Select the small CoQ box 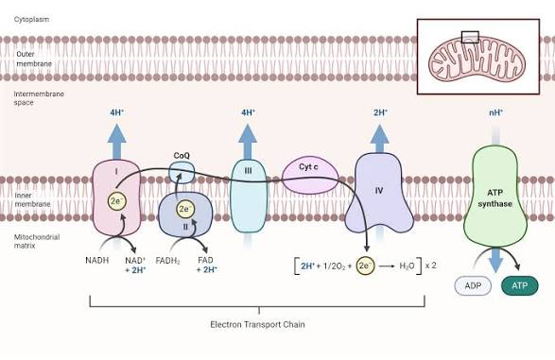[182, 172]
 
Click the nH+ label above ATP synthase [495, 112]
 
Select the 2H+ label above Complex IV [379, 112]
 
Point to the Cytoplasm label [32, 19]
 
